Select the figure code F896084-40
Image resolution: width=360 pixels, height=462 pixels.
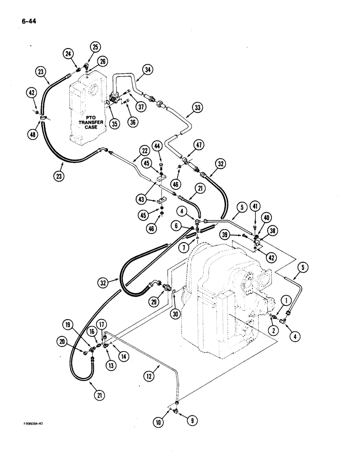(x=33, y=424)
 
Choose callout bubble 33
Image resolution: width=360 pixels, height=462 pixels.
(x=198, y=109)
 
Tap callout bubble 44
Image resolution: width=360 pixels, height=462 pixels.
(x=158, y=146)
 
